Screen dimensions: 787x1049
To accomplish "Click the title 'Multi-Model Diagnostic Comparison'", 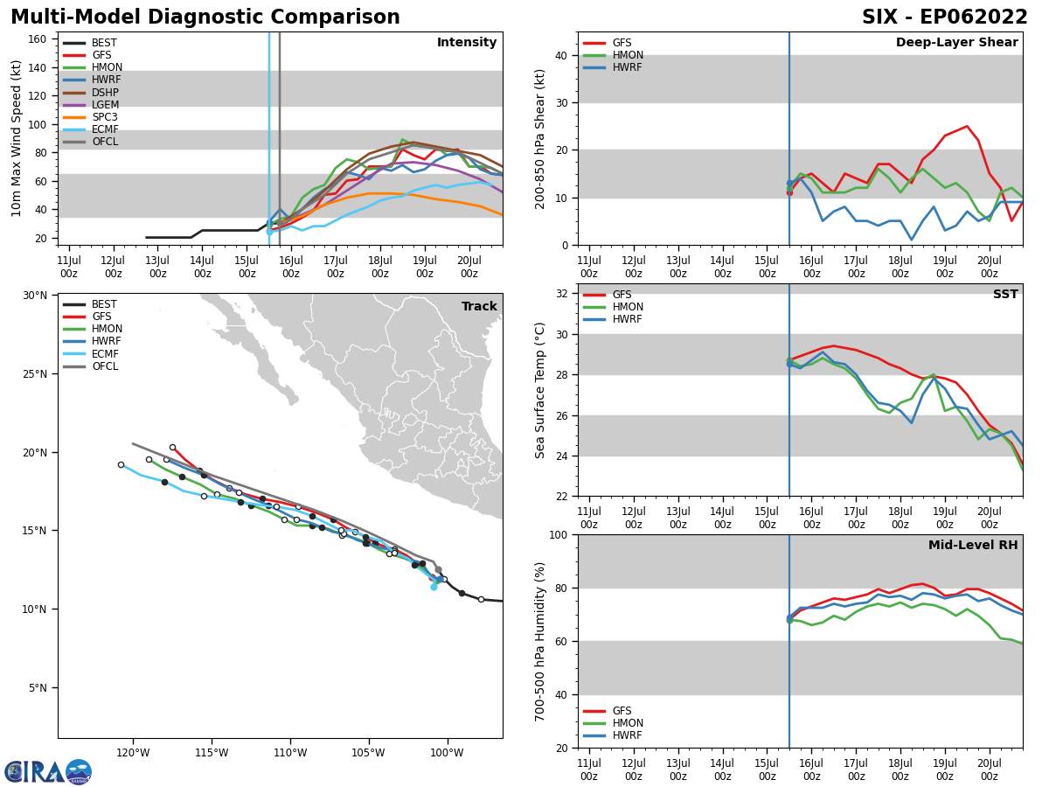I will (x=205, y=17).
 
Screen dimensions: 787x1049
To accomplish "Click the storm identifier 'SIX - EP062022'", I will (x=944, y=17).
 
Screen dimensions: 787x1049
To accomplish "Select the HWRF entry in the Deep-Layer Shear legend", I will (x=624, y=67).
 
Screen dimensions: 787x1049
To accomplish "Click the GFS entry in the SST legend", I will (x=622, y=295).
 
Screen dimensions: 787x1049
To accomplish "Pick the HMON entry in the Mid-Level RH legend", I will (x=626, y=723).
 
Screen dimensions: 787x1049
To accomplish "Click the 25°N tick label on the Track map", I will (x=34, y=374).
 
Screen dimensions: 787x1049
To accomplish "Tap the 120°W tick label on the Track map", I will (x=132, y=753).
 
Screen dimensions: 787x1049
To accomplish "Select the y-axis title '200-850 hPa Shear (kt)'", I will (x=540, y=139).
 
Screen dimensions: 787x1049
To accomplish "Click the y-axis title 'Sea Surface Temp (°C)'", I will (x=540, y=390).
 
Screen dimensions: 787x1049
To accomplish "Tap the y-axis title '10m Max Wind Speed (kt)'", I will (x=17, y=138).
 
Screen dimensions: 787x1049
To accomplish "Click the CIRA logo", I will (x=48, y=771).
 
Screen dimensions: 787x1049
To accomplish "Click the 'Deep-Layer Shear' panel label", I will (x=956, y=43).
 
